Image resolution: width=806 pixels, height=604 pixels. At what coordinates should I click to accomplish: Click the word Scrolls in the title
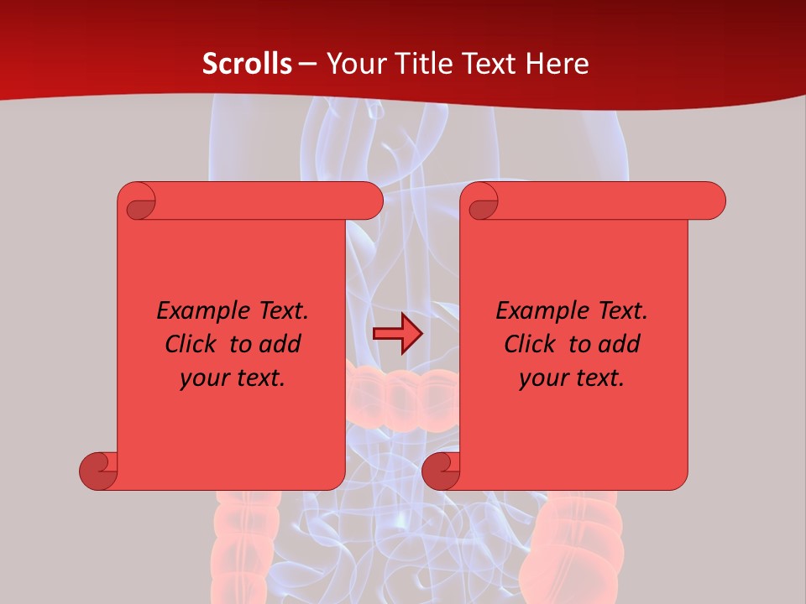[248, 63]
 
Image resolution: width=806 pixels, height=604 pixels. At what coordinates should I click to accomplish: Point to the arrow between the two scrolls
[397, 334]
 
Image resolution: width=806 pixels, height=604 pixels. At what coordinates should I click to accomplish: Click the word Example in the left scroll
[195, 310]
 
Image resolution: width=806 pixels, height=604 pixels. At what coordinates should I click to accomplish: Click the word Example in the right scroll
[534, 310]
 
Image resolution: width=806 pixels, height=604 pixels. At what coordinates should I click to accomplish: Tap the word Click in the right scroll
[530, 344]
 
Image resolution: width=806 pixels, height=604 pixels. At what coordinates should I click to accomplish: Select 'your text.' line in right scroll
[572, 377]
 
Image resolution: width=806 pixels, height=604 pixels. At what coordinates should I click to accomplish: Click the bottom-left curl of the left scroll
[98, 471]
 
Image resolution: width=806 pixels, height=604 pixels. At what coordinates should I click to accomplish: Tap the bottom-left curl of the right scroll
[441, 471]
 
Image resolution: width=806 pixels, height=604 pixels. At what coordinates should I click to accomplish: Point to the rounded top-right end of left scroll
[369, 200]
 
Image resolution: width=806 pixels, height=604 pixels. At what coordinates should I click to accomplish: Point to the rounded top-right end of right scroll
[712, 200]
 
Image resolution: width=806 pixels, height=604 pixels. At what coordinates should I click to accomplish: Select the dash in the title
[308, 64]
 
